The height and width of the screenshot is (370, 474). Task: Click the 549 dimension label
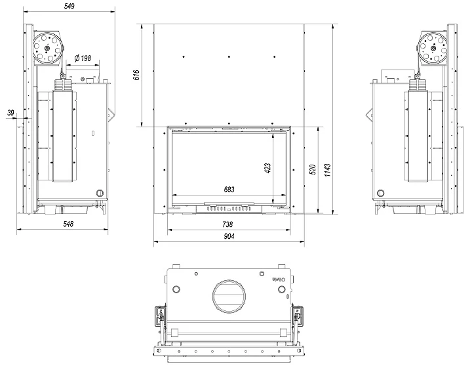click(69, 7)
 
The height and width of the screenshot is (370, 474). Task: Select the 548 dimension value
click(68, 224)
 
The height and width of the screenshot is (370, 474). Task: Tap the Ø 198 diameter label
click(83, 58)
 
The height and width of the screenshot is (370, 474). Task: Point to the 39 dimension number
click(10, 113)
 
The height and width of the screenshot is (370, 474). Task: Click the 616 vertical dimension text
click(136, 75)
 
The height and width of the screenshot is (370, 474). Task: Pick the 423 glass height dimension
click(267, 168)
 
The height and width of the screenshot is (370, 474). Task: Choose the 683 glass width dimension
click(229, 190)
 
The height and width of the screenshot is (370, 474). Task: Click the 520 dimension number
click(313, 169)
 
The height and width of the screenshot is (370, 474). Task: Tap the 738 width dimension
click(227, 224)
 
